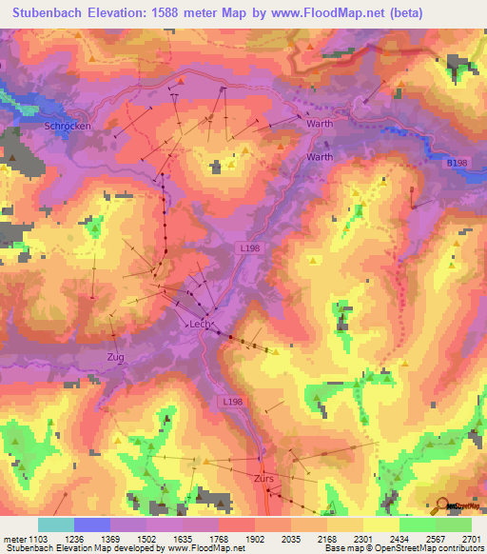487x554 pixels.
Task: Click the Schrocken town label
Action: [x=67, y=125]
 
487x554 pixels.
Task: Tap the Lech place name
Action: [x=200, y=324]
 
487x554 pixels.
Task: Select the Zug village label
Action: [x=115, y=356]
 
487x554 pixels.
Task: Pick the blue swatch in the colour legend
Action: [x=92, y=524]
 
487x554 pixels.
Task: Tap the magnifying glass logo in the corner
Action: [x=444, y=505]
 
